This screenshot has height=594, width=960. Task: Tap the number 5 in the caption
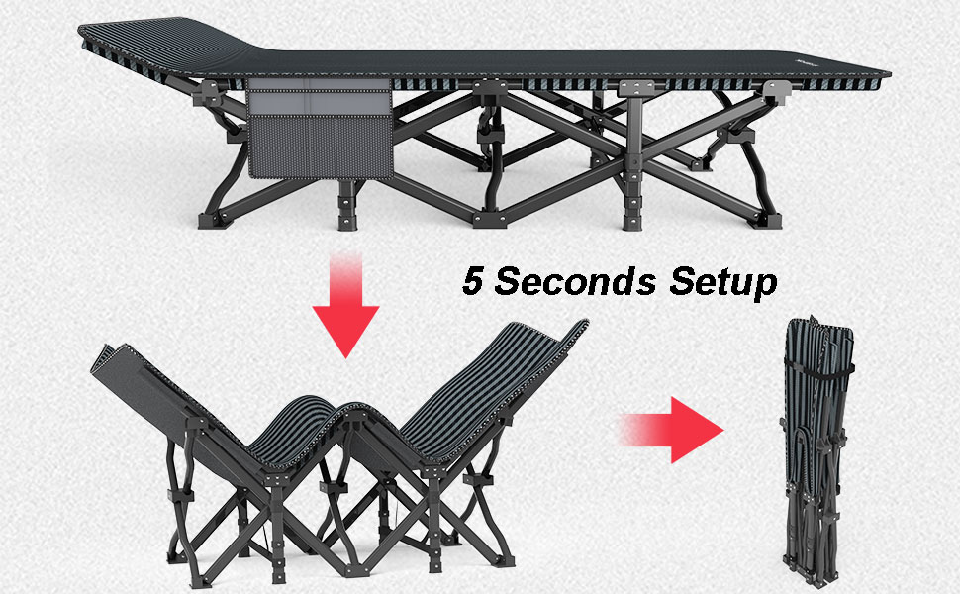coord(473,281)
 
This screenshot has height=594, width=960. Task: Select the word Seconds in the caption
coord(575,281)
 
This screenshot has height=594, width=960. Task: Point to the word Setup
coord(723,282)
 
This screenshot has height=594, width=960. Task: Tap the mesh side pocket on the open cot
coord(320,146)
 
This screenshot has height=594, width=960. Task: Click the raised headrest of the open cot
coord(165,45)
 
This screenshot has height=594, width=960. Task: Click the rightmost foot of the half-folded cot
coord(505,560)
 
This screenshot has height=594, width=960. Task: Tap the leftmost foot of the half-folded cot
coord(176,557)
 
